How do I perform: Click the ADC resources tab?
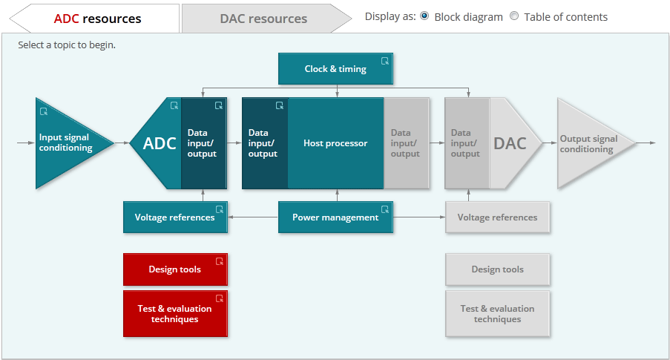click(x=97, y=18)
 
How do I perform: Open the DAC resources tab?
click(x=263, y=18)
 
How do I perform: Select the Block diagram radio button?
click(x=424, y=16)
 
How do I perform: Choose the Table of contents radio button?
click(x=514, y=16)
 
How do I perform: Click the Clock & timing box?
click(x=335, y=69)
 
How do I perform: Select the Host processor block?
click(x=335, y=143)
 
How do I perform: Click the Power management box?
click(x=335, y=217)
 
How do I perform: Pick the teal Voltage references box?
click(x=175, y=217)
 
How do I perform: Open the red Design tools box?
click(x=175, y=269)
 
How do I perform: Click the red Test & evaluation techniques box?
click(x=175, y=314)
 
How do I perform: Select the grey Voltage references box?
click(x=497, y=217)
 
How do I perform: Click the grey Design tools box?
click(x=497, y=269)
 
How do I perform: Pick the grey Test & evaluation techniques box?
click(x=497, y=314)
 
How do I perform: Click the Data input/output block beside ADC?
click(x=203, y=143)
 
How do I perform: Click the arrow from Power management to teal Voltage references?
click(x=253, y=217)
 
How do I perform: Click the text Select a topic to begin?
click(x=67, y=45)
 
